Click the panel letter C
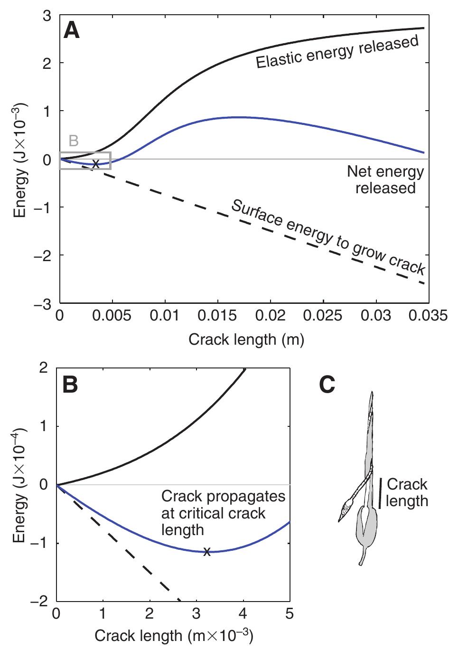tap(327, 386)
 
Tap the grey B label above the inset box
tap(74, 141)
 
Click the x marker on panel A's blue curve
tap(95, 164)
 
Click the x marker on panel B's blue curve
tap(206, 552)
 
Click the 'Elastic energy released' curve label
tap(337, 52)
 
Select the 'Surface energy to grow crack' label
tap(327, 237)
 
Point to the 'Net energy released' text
tap(385, 179)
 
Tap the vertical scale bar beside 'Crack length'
tap(380, 493)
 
